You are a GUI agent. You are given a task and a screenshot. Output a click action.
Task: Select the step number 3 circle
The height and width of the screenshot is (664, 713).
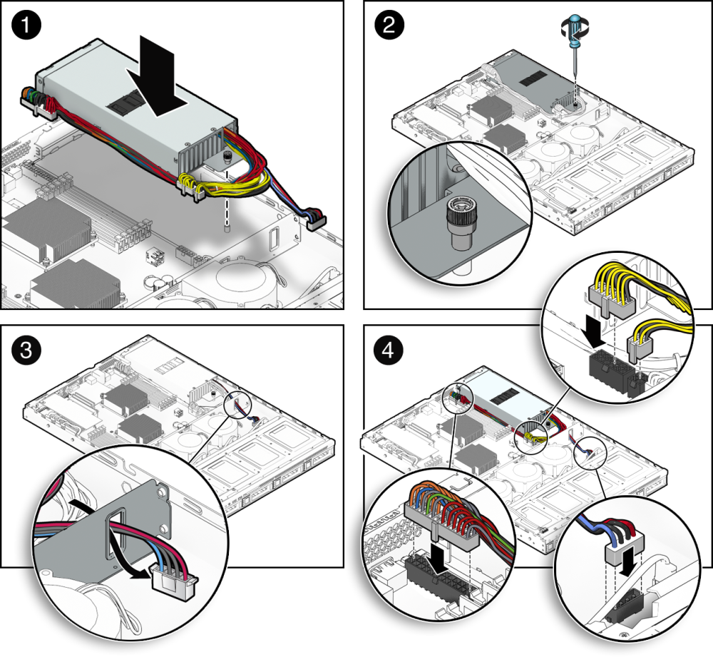tap(26, 351)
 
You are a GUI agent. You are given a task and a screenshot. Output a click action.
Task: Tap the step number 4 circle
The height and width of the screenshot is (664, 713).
tap(388, 350)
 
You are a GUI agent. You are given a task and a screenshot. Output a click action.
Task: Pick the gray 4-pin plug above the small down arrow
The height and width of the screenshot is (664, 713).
tap(625, 546)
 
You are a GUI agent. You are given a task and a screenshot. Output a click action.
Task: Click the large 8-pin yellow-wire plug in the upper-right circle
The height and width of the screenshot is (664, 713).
tap(610, 300)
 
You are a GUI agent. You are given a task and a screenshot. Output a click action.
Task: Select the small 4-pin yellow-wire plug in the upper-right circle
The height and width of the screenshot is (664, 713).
tap(638, 348)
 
